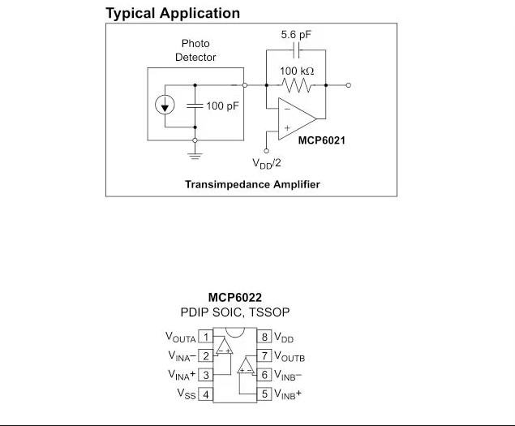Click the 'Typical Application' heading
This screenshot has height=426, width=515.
pyautogui.click(x=173, y=14)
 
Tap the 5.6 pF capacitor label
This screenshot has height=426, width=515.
pyautogui.click(x=296, y=35)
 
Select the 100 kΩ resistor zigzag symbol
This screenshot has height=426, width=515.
pyautogui.click(x=297, y=85)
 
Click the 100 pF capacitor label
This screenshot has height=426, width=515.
pyautogui.click(x=222, y=105)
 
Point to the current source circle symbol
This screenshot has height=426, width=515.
pyautogui.click(x=165, y=105)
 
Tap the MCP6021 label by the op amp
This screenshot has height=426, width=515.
pyautogui.click(x=321, y=140)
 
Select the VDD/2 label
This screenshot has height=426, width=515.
pyautogui.click(x=266, y=163)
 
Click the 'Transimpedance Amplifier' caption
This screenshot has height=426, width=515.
pyautogui.click(x=252, y=184)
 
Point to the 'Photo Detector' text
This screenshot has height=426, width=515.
pyautogui.click(x=195, y=50)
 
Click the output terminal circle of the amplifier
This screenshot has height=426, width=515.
pyautogui.click(x=349, y=85)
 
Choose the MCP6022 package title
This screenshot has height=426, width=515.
pyautogui.click(x=235, y=298)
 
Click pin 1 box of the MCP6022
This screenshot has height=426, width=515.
pyautogui.click(x=206, y=337)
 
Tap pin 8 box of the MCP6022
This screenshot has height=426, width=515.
pyautogui.click(x=264, y=337)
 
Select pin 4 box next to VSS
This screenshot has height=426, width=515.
pyautogui.click(x=206, y=394)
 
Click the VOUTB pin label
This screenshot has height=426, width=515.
pyautogui.click(x=290, y=356)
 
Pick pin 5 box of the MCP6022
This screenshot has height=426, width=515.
pyautogui.click(x=264, y=394)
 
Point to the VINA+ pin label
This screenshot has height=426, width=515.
pyautogui.click(x=182, y=375)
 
